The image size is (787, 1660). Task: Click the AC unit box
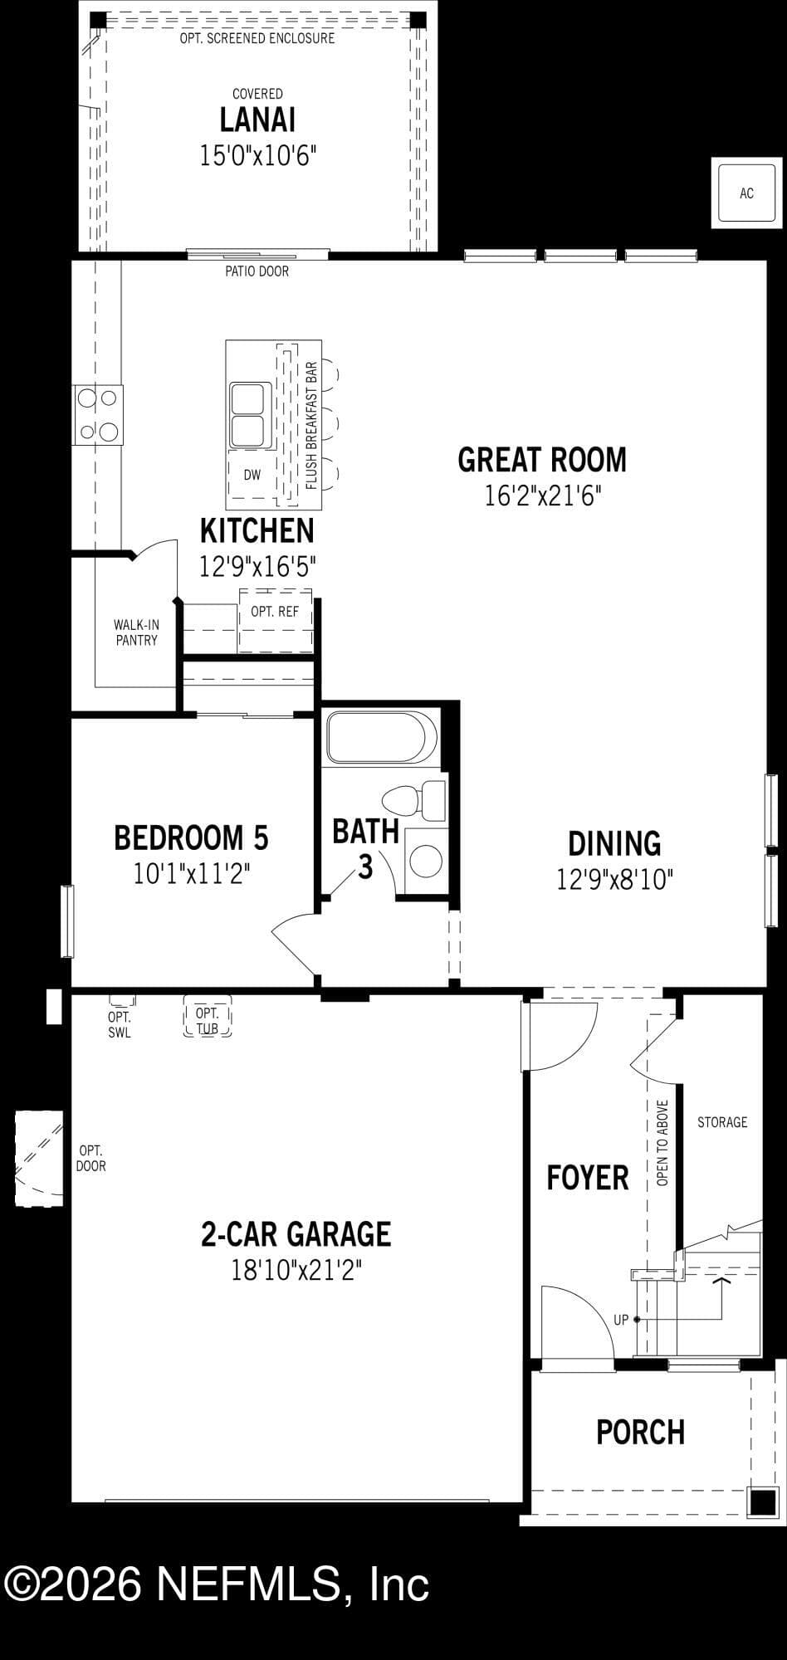click(746, 193)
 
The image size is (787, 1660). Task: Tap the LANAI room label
click(257, 120)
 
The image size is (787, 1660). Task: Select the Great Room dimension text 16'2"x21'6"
click(542, 496)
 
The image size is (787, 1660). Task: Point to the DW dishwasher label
click(252, 476)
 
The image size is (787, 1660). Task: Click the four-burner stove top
click(98, 415)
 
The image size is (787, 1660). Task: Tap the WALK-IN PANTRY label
click(136, 632)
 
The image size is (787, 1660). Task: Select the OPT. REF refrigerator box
click(276, 621)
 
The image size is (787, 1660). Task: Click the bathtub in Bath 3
click(381, 737)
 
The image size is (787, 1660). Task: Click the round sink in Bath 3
click(426, 861)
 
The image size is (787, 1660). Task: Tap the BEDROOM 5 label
click(191, 837)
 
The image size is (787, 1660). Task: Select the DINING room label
click(614, 843)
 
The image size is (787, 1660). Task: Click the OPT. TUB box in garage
click(207, 1017)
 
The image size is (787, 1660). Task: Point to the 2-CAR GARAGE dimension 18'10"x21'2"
click(296, 1270)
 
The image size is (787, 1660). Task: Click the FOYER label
click(588, 1178)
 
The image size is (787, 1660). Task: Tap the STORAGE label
click(722, 1122)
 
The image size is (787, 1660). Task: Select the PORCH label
click(641, 1432)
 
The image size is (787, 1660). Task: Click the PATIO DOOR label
click(257, 271)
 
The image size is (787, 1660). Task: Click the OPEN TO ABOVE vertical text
click(662, 1143)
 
